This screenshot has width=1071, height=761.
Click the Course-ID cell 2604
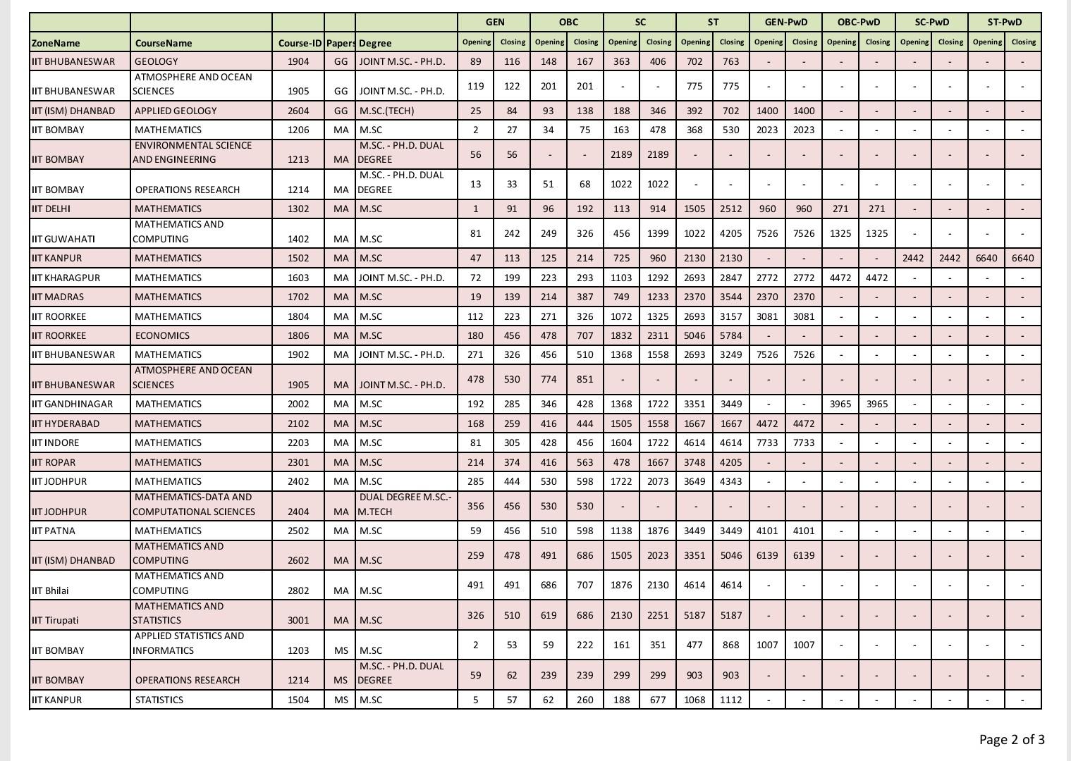click(x=298, y=111)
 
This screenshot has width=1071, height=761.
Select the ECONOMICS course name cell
click(x=162, y=335)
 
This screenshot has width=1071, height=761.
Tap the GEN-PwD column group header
click(x=785, y=22)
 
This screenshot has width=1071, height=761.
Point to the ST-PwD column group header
click(x=1004, y=22)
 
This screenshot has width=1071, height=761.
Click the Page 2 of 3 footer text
click(x=1011, y=739)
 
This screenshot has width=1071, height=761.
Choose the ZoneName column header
click(x=56, y=43)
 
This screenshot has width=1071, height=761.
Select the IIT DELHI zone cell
click(x=51, y=209)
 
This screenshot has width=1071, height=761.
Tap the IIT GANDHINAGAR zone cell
click(x=72, y=404)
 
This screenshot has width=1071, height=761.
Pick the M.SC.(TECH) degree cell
click(x=386, y=111)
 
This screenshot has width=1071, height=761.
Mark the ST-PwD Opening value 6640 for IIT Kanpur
click(x=986, y=258)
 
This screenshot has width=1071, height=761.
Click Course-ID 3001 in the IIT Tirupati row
click(x=298, y=620)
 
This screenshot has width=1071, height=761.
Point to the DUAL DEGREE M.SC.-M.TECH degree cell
click(x=405, y=505)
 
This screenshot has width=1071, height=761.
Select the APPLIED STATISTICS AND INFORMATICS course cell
click(x=189, y=643)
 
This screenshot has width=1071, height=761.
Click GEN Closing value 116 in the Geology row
click(x=512, y=61)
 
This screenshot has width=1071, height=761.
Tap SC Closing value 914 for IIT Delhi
click(x=658, y=209)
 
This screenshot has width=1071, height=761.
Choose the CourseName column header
click(x=164, y=43)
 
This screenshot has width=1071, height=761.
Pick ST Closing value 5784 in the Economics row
click(x=730, y=335)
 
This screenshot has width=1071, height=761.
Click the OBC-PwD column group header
click(x=858, y=22)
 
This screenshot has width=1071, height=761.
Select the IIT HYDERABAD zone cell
click(x=66, y=423)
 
